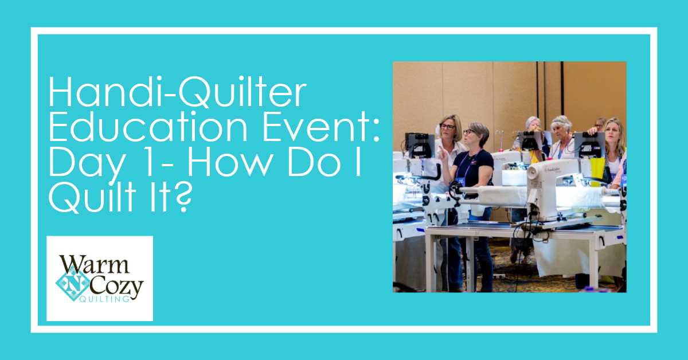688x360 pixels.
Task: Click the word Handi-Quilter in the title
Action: tap(178, 92)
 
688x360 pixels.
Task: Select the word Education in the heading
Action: tap(148, 127)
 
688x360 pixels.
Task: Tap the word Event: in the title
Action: tap(320, 127)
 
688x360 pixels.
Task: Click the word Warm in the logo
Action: tap(94, 265)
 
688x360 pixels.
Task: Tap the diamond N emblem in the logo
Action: tap(72, 283)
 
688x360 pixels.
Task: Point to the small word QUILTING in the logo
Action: tap(104, 299)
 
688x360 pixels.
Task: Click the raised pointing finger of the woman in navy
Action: tap(440, 150)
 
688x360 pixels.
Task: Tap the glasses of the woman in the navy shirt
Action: tap(468, 132)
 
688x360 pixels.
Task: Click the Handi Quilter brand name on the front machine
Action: tap(552, 170)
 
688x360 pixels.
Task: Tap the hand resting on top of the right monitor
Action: tap(592, 131)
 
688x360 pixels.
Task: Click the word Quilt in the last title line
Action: tap(92, 196)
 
